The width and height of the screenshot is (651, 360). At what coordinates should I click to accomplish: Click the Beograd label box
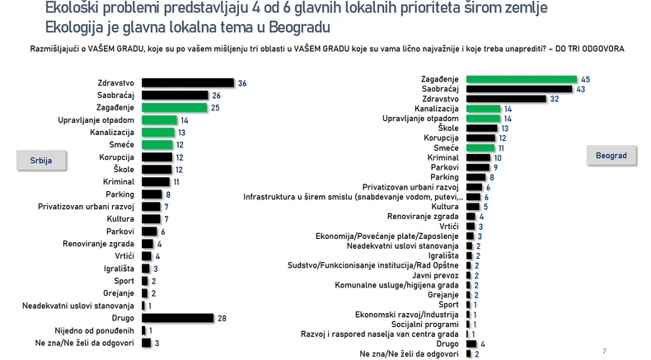[611, 156]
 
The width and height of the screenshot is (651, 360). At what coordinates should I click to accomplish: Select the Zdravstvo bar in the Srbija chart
[187, 83]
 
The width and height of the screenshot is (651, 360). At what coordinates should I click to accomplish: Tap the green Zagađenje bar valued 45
[521, 80]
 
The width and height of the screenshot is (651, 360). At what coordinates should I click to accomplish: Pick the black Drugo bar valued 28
[177, 317]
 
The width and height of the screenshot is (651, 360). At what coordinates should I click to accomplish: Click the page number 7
[605, 350]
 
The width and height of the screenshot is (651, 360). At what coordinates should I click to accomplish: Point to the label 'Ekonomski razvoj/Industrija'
[408, 314]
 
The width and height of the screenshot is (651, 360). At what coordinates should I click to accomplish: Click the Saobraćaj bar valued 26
[175, 96]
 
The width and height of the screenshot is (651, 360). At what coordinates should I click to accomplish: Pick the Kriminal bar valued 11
[156, 181]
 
